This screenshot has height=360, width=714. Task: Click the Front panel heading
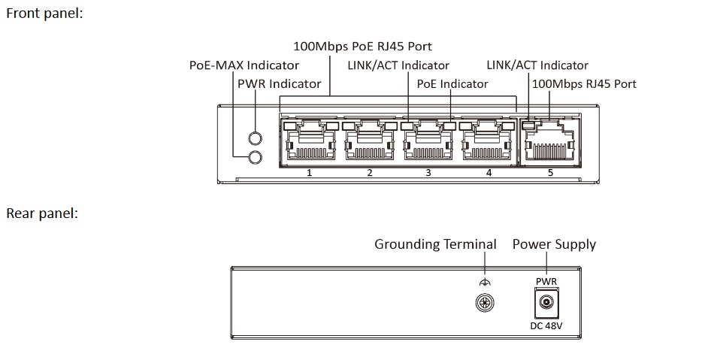[x=44, y=14]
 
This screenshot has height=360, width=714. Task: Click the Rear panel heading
[x=42, y=213]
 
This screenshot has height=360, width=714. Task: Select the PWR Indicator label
[x=279, y=83]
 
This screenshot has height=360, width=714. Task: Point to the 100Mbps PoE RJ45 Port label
[x=362, y=47]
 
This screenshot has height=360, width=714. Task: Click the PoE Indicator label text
[x=452, y=83]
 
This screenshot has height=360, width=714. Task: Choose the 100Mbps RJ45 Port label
[x=584, y=83]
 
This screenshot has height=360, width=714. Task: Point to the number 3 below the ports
[x=428, y=173]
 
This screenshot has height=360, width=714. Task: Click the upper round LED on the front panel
[x=255, y=139]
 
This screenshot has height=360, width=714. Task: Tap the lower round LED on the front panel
[x=255, y=156]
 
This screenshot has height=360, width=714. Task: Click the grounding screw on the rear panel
[x=485, y=303]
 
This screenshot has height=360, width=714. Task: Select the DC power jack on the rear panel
[x=546, y=304]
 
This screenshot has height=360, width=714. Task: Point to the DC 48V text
[x=546, y=325]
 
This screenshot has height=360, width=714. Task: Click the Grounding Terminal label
[x=435, y=244]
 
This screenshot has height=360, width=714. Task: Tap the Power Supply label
[x=554, y=244]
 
